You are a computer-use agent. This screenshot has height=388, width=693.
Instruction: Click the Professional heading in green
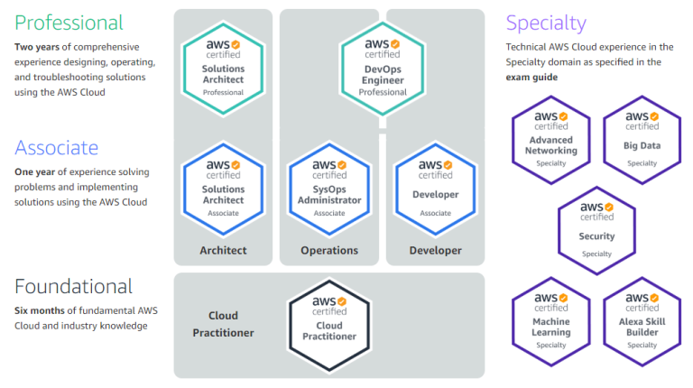(69, 23)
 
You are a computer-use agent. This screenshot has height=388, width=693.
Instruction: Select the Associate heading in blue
(56, 147)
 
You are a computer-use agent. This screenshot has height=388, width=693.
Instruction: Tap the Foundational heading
(73, 287)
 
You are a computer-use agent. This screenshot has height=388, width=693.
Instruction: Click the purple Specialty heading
(546, 23)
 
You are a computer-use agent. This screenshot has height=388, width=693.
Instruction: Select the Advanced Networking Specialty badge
(551, 139)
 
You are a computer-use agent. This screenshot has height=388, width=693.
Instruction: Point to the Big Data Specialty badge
(642, 139)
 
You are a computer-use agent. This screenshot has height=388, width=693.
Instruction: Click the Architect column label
(223, 250)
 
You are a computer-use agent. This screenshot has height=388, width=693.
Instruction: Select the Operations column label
(329, 250)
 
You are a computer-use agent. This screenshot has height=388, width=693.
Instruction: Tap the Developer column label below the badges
(435, 250)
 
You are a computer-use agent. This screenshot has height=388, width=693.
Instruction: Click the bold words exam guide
(531, 78)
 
